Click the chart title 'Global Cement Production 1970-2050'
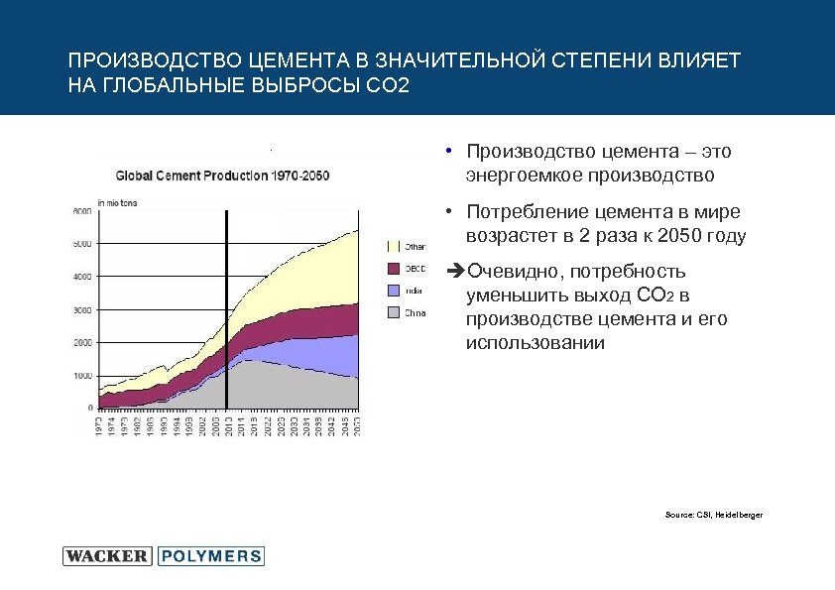(223, 176)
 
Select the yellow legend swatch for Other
(392, 245)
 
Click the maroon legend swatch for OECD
(392, 268)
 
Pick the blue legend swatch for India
(392, 291)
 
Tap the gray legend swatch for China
(392, 313)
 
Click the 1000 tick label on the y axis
(82, 376)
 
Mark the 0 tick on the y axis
(90, 408)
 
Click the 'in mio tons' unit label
(116, 202)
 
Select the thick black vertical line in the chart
(227, 307)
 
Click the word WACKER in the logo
(107, 556)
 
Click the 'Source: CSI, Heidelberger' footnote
(714, 515)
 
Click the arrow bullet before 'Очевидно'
(455, 272)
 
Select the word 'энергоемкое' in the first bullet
(522, 176)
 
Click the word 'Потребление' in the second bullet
(525, 212)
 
